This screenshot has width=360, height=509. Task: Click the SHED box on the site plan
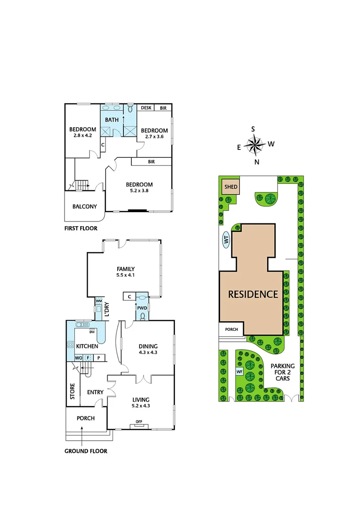point(231,187)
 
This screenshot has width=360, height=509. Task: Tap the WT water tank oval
point(226,240)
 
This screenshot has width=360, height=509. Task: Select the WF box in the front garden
point(239,371)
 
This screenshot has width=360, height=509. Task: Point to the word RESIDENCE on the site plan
point(253,294)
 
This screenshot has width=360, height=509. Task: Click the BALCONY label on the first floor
point(85,206)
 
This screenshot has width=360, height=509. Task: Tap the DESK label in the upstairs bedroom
point(146,108)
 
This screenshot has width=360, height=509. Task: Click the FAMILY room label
point(125,269)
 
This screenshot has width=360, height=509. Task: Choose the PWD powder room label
point(142,308)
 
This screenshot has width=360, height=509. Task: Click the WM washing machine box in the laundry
point(99,300)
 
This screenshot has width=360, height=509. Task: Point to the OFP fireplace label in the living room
point(139,421)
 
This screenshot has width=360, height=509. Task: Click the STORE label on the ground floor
point(73,391)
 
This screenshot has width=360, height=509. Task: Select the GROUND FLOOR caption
point(86,451)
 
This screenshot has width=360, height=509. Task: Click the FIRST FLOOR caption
point(81,229)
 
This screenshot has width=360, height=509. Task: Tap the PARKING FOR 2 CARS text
point(283,372)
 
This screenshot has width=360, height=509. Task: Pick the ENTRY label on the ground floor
point(95,392)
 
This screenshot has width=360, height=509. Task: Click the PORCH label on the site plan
point(231,329)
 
